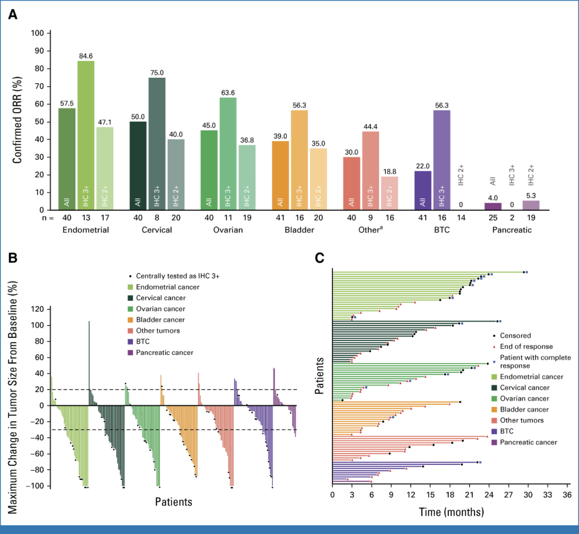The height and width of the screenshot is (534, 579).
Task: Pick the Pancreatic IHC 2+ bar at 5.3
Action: tap(530, 205)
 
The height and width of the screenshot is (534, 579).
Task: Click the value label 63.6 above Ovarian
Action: tap(228, 93)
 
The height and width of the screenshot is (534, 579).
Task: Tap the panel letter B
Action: tap(12, 257)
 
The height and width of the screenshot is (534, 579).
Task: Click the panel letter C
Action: tap(320, 258)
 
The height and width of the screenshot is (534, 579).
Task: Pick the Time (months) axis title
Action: tap(451, 511)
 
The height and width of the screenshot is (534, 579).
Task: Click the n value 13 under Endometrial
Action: tap(86, 218)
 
